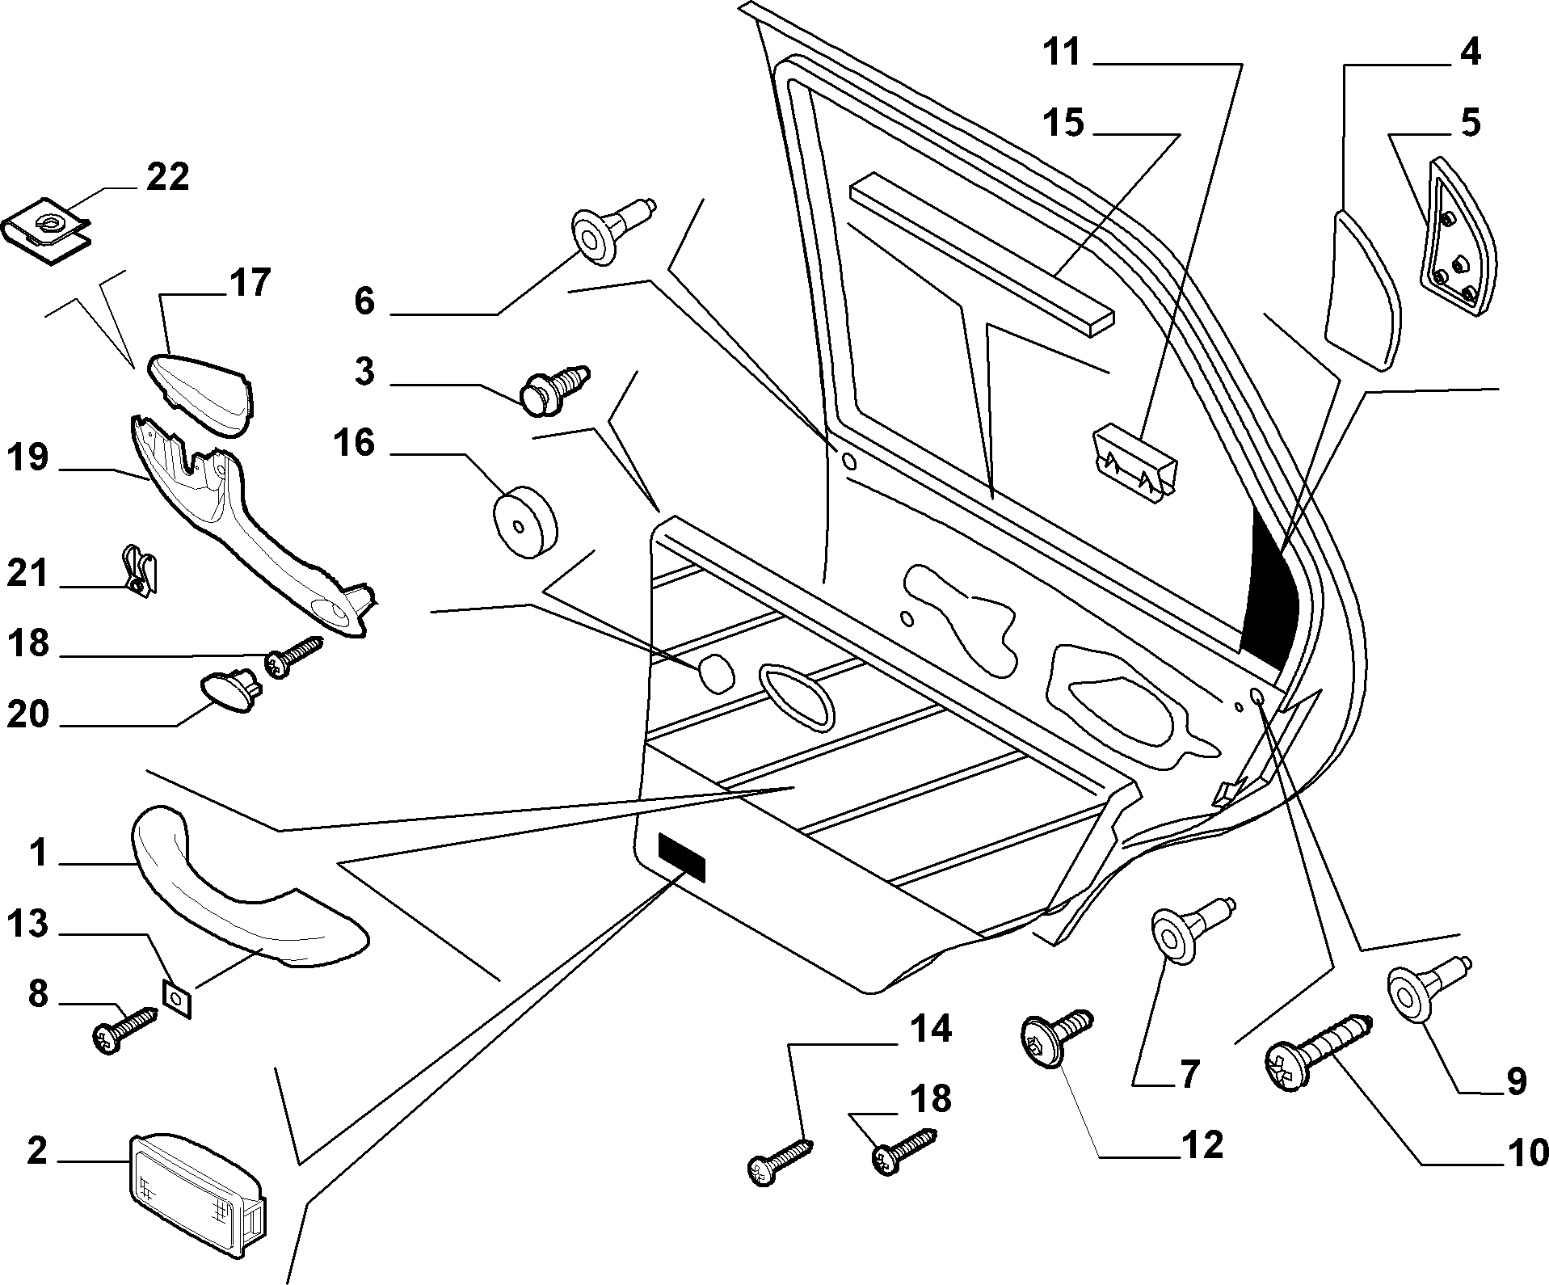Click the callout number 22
[167, 177]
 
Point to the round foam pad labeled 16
[525, 521]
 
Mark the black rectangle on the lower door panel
[682, 857]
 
